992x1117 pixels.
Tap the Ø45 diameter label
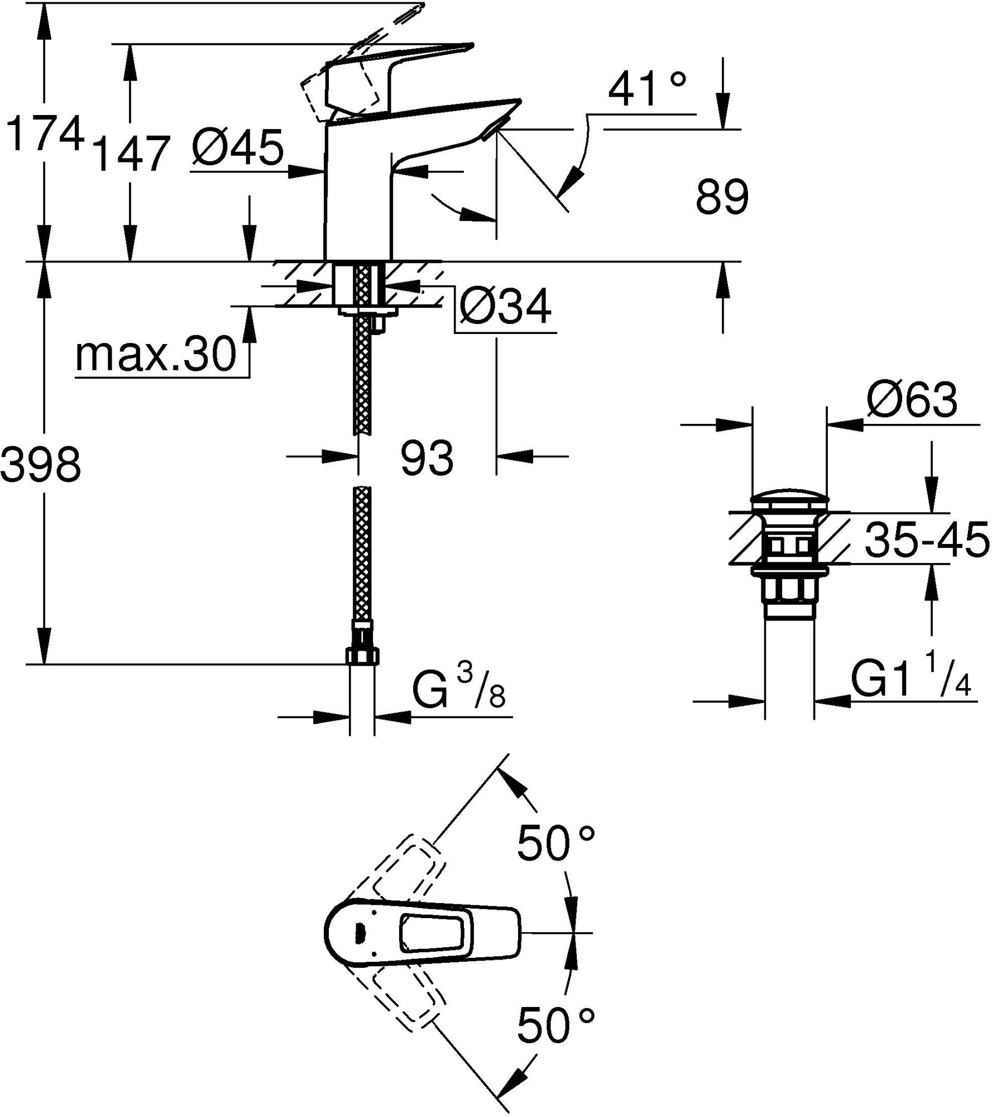click(237, 147)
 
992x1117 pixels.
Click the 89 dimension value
click(722, 197)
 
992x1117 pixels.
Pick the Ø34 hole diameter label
click(505, 307)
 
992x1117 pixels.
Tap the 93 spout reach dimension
click(427, 457)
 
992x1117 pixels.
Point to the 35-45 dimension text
click(927, 540)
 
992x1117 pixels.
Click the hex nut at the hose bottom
click(363, 656)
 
